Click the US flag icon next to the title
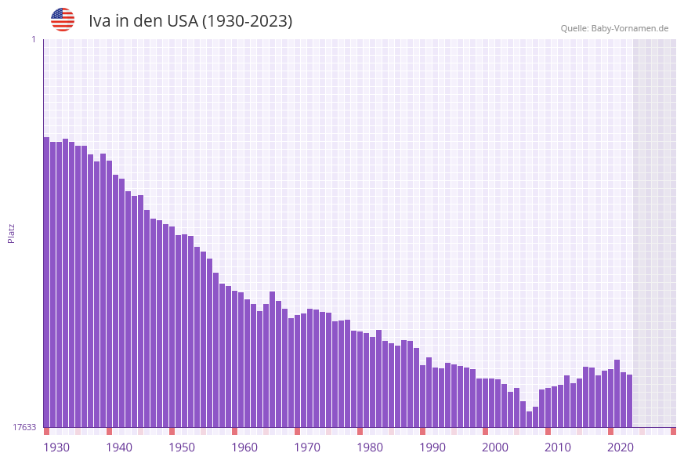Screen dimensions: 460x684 tap(63, 20)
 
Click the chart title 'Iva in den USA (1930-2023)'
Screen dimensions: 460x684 tap(190, 21)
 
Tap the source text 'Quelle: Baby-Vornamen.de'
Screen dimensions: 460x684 tap(614, 28)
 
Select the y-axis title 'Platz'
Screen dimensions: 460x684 tap(12, 233)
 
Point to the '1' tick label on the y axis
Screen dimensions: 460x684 tap(33, 39)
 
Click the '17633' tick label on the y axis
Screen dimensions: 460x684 tap(24, 427)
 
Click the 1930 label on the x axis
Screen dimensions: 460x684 tap(56, 447)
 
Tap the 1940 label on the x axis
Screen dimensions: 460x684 tap(119, 447)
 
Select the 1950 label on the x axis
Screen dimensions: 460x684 tap(182, 447)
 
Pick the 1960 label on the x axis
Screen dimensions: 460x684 tap(244, 447)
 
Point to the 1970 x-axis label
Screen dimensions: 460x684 tap(307, 447)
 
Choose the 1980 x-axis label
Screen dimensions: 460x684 tap(370, 447)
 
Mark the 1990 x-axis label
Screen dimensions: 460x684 tap(432, 447)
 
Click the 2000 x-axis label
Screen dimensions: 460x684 tap(495, 447)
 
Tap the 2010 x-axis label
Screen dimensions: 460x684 tap(558, 447)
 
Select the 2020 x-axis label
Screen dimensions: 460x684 tap(621, 447)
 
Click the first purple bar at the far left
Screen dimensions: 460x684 tap(46, 282)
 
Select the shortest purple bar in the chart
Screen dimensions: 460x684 tap(529, 419)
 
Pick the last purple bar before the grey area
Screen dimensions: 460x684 tap(629, 400)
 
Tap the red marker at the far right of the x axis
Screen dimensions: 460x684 tap(673, 431)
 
